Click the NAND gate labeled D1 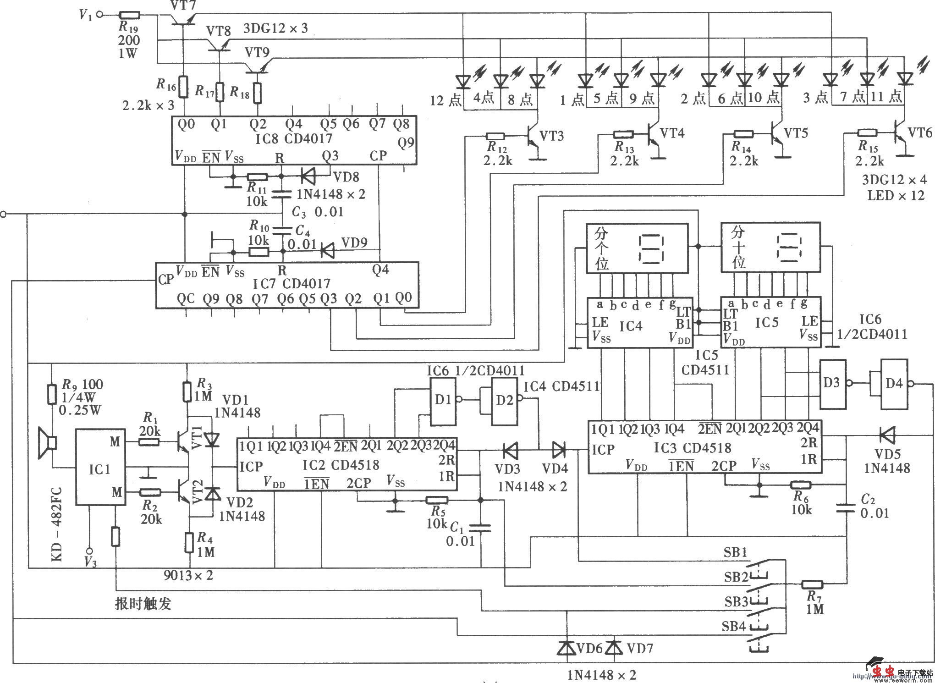click(443, 400)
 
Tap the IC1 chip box click(100, 468)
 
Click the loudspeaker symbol click(47, 443)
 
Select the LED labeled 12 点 click(463, 81)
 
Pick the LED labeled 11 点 click(905, 79)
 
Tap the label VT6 click(920, 133)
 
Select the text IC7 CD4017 click(291, 284)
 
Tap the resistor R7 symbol click(812, 584)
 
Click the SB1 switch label click(735, 553)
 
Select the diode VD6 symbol click(566, 648)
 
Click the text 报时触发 click(143, 604)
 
